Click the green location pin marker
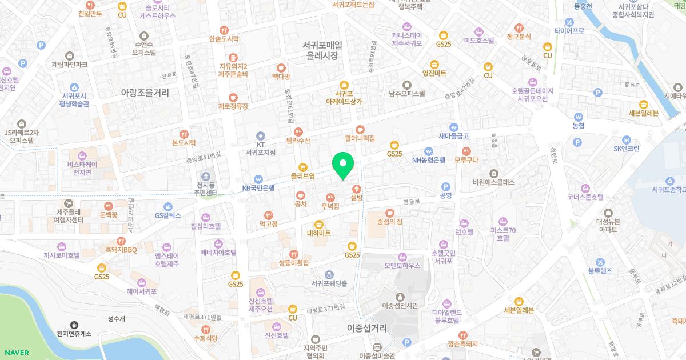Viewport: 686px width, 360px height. click(x=343, y=166)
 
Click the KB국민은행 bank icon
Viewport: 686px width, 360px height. click(x=258, y=178)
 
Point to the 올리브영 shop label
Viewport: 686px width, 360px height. click(x=303, y=176)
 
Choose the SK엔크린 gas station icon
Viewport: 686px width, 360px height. click(x=627, y=139)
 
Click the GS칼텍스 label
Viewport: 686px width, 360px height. click(x=168, y=215)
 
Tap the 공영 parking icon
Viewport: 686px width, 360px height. click(x=446, y=186)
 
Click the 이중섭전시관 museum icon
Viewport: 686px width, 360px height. click(x=400, y=297)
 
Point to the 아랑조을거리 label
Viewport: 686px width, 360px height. click(x=145, y=91)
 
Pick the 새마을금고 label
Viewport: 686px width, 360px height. click(x=454, y=136)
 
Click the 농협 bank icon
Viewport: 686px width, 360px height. click(x=578, y=116)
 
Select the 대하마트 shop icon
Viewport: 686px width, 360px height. click(x=319, y=224)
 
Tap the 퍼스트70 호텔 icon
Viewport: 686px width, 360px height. click(x=503, y=221)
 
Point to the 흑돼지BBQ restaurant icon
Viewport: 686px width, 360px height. click(x=121, y=241)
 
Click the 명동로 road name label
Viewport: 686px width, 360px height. click(x=411, y=201)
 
